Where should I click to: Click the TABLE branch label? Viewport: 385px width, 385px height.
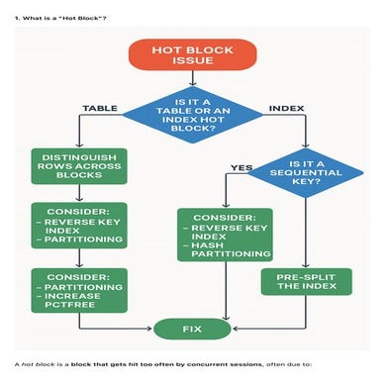100,107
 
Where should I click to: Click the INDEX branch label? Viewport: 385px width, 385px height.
288,107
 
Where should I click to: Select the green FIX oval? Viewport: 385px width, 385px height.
192,327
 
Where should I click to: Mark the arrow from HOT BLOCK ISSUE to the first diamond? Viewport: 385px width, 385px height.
192,84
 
